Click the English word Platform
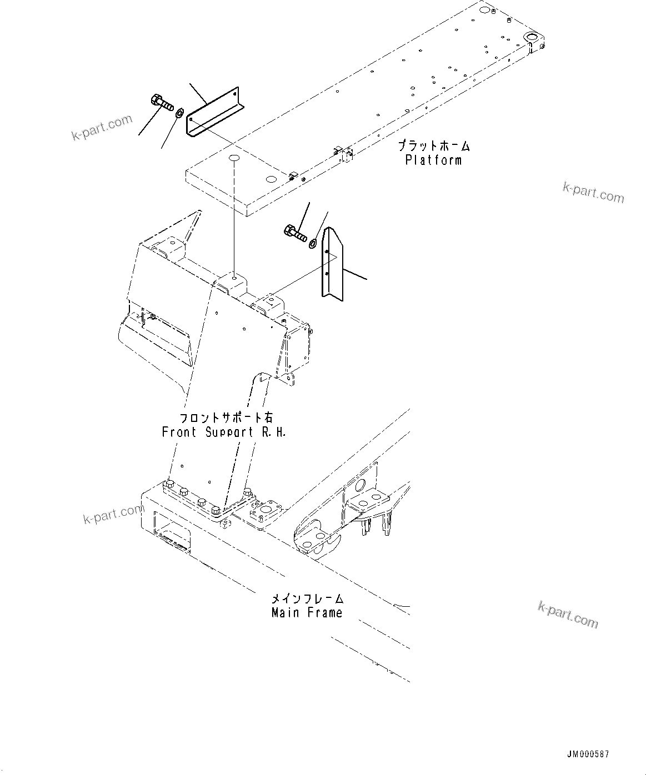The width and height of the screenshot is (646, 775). (433, 160)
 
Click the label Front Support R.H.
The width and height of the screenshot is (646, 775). (224, 432)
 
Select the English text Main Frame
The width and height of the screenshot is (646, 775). (307, 612)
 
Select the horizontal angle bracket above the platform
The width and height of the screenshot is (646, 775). (214, 111)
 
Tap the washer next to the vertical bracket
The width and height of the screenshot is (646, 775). (313, 242)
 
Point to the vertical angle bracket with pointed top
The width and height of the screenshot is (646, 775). (332, 264)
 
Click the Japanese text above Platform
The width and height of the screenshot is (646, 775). (433, 146)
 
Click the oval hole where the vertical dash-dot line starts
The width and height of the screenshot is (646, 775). (234, 159)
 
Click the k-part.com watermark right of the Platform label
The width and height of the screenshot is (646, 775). (593, 193)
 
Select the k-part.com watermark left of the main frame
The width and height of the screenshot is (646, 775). (113, 514)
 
